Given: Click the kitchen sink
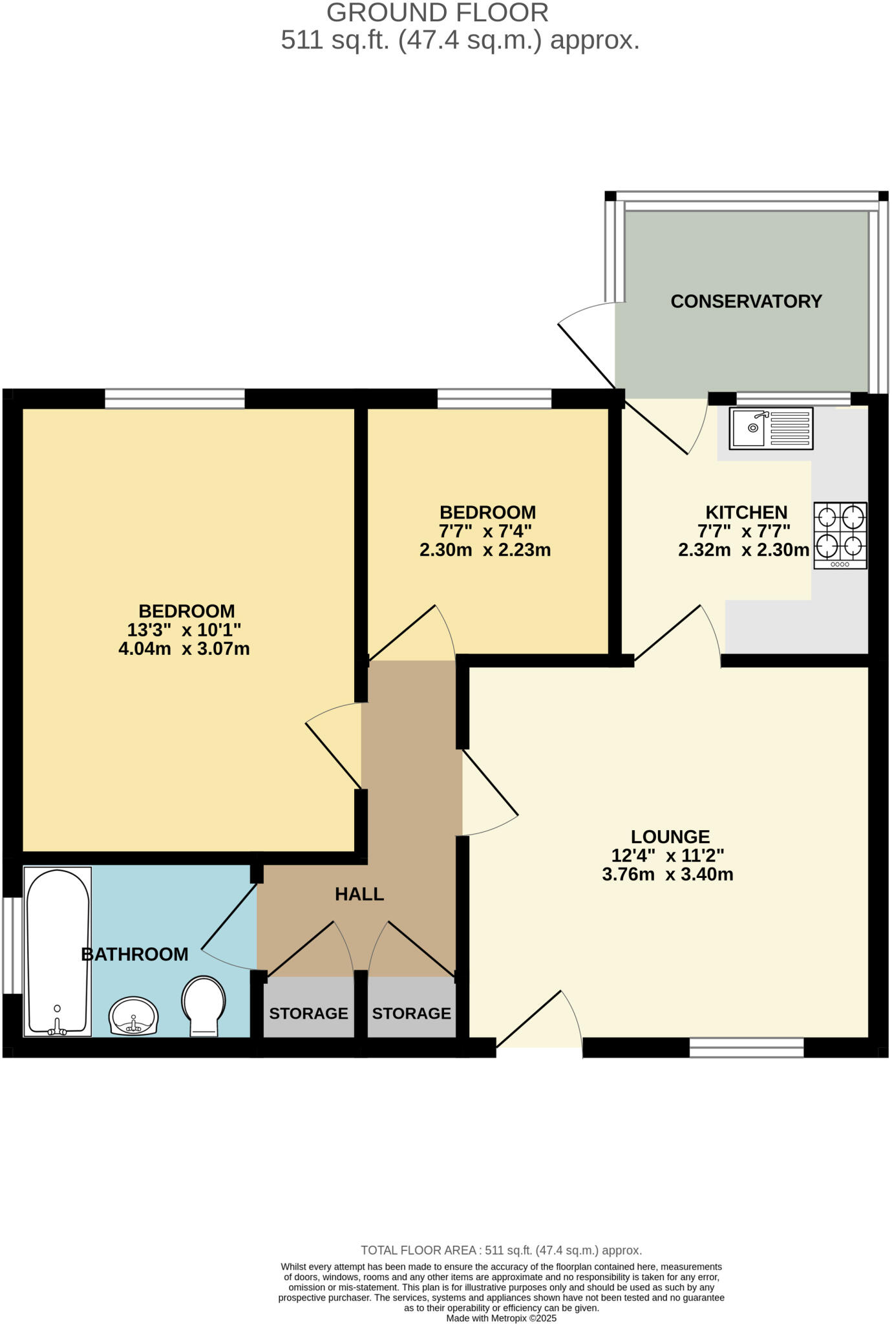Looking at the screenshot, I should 770,428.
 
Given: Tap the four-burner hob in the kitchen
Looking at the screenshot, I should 840,535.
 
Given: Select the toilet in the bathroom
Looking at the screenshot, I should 204,1005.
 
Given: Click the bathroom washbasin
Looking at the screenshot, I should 133,1016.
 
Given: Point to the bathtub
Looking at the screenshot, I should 58,951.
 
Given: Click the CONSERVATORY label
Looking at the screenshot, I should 746,301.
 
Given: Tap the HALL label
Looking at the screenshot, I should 359,894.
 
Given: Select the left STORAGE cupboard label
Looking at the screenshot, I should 308,1013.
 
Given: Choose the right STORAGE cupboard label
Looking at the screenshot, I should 411,1013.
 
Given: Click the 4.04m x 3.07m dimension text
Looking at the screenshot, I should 184,648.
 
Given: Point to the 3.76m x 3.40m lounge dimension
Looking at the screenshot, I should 667,875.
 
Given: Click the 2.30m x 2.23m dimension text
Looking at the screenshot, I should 485,550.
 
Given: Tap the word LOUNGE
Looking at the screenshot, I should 670,837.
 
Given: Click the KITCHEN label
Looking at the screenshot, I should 746,512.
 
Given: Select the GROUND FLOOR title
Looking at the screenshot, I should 438,13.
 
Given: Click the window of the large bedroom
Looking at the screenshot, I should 175,398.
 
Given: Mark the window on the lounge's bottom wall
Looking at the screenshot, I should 746,1047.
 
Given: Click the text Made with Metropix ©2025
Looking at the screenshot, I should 501,1318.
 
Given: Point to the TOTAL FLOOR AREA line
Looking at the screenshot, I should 501,1250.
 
